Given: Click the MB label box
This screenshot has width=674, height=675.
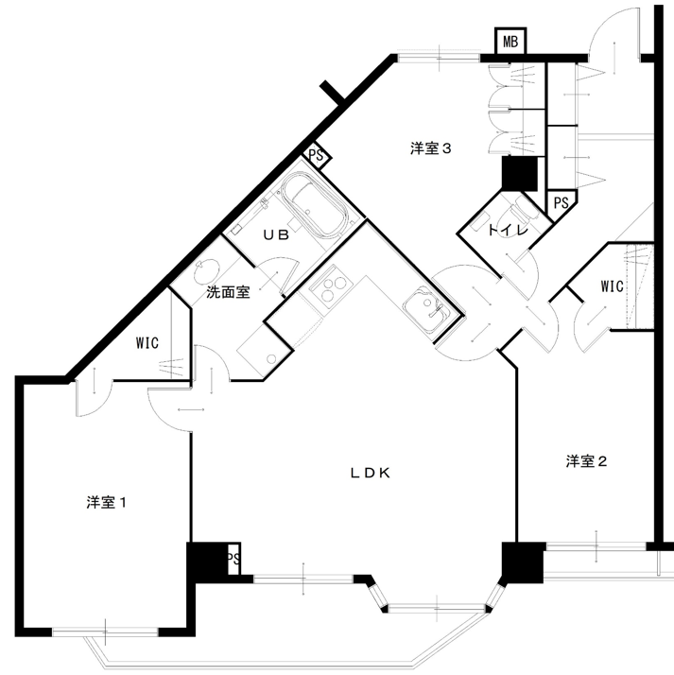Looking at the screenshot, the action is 510,42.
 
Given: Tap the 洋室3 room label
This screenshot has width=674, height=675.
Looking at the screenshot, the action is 430,149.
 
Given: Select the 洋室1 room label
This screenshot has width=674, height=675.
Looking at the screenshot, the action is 106,502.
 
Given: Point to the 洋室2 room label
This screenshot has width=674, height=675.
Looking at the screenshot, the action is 586,461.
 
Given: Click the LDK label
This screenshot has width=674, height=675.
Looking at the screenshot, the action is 371,473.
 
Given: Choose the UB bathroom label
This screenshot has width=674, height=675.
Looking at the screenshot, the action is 276,235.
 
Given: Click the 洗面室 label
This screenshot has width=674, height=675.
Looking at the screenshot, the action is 228,292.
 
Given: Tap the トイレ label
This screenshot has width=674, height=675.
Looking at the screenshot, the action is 508,231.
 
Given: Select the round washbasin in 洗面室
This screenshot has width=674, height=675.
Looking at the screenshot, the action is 206,272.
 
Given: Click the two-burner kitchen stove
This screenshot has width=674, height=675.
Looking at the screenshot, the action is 331,286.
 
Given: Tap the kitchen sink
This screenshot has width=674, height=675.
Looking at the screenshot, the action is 427,309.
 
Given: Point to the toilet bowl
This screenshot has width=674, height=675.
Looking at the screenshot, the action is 520,210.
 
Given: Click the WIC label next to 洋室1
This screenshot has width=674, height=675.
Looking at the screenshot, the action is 147,343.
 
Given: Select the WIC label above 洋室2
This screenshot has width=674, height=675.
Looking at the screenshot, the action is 612,286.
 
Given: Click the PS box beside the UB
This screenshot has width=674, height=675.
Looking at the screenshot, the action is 317,155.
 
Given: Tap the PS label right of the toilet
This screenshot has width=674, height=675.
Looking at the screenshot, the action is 562,202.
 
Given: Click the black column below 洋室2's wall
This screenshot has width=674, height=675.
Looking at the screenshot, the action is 524,562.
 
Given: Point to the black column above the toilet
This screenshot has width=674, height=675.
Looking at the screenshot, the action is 520,174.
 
